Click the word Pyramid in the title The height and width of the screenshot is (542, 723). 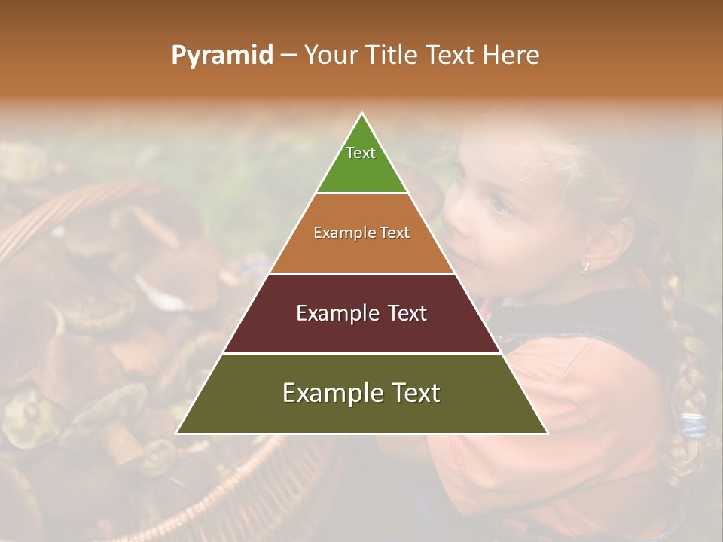point(222,56)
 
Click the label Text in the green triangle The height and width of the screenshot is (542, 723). point(361,153)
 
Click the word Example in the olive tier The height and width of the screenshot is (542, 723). point(328,393)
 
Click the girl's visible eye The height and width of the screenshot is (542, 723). point(499,203)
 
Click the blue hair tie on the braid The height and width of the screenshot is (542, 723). point(694,425)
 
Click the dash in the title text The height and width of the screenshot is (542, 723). point(288,56)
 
